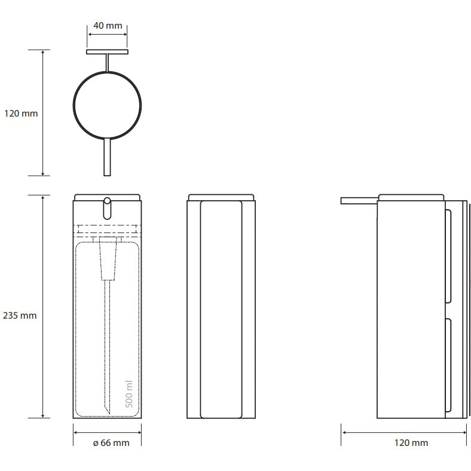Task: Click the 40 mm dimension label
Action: coord(108,26)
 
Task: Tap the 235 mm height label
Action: coord(20,316)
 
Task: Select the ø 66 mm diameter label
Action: coord(111,443)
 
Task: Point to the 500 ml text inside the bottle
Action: coord(129,394)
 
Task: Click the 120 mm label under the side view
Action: coord(411,443)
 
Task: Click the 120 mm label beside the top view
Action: coord(21,114)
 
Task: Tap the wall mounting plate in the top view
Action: coord(107,52)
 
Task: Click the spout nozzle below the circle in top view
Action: coord(107,157)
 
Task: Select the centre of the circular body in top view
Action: coord(107,105)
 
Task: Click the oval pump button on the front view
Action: coord(107,208)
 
